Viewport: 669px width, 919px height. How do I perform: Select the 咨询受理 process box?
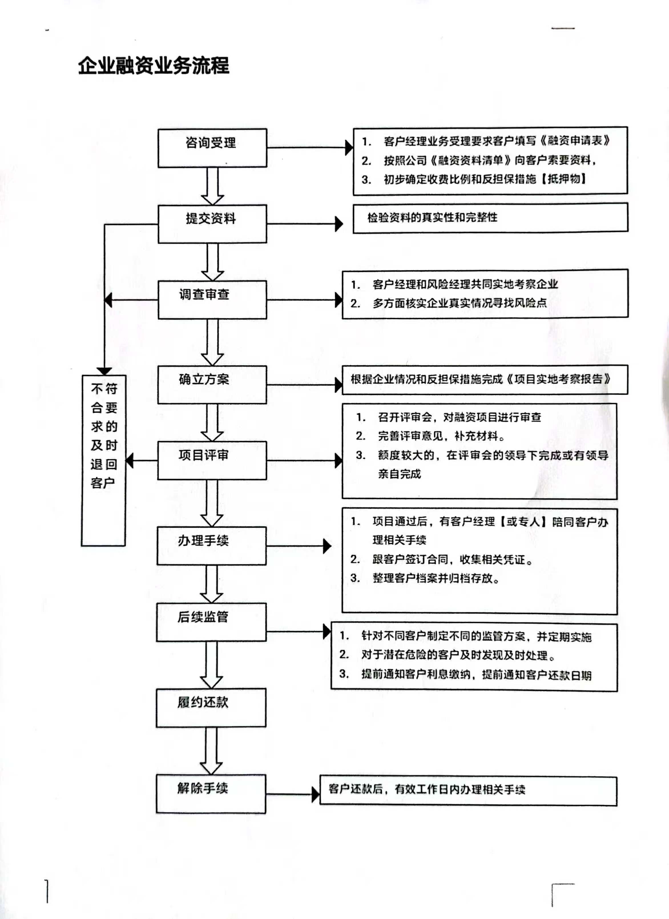(212, 148)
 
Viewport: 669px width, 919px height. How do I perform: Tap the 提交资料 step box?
(212, 224)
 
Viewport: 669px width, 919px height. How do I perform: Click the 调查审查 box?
(212, 300)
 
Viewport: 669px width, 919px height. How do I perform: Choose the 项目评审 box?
(212, 461)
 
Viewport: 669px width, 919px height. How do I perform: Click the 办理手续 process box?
(211, 546)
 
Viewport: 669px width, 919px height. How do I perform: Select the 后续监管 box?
(211, 622)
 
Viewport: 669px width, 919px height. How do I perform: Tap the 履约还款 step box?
(211, 708)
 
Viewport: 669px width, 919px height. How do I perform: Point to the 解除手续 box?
(211, 794)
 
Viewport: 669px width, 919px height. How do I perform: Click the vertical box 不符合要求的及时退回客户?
(104, 460)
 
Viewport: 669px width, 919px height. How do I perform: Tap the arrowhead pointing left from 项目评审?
(129, 461)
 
